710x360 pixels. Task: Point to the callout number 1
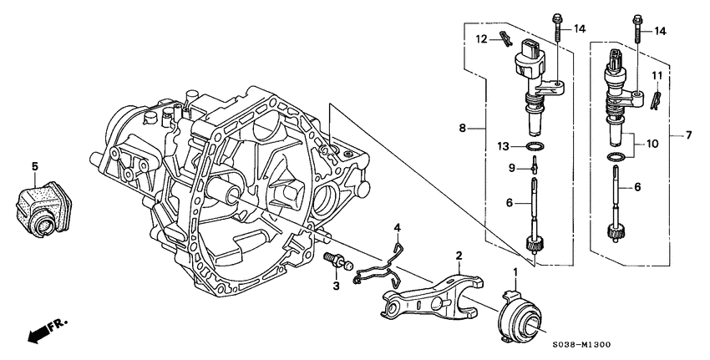[x=515, y=272]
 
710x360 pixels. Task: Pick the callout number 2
[x=459, y=256]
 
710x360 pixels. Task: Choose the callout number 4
[x=398, y=227]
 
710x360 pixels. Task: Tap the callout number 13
[x=503, y=146]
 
